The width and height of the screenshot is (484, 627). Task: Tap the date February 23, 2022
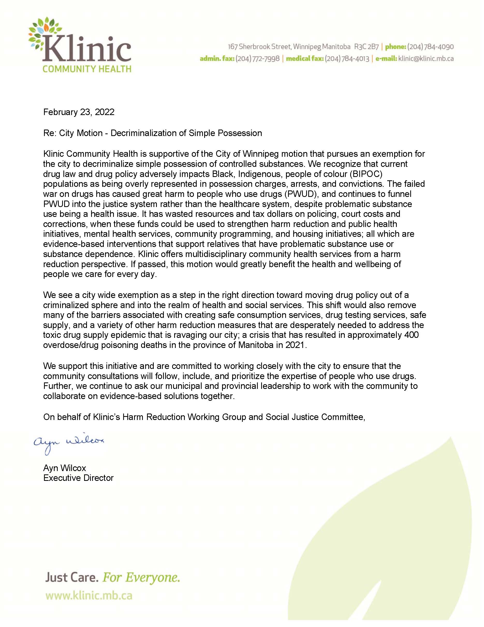click(x=79, y=112)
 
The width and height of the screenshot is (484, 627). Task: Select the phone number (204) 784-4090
click(x=430, y=47)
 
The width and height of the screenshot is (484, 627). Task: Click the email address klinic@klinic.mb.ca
click(x=426, y=59)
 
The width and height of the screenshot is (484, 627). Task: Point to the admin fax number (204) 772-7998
click(x=258, y=59)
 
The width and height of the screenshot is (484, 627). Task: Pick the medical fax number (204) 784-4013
click(x=347, y=59)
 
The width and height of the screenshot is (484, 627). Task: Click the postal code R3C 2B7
click(x=366, y=47)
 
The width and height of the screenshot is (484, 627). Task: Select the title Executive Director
click(x=78, y=478)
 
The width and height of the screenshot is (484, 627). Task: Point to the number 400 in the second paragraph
click(x=411, y=335)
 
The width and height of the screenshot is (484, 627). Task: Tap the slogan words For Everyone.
click(x=141, y=577)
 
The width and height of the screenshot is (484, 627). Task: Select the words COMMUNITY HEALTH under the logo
click(x=87, y=69)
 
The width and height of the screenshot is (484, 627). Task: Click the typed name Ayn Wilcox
click(x=64, y=468)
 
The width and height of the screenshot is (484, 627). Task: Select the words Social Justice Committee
click(x=314, y=417)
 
